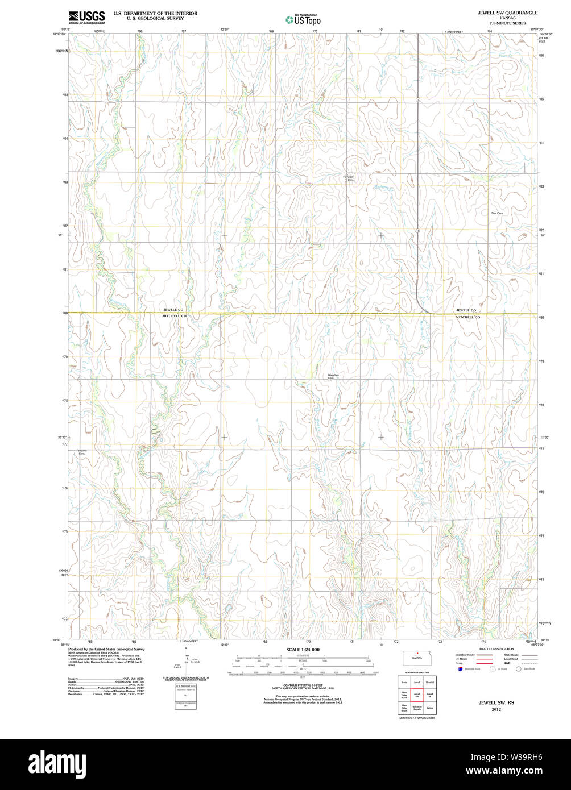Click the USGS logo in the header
tap(86, 18)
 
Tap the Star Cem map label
tap(496, 213)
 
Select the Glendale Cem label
tap(334, 376)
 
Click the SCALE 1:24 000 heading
tap(303, 649)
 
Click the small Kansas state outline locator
tap(417, 658)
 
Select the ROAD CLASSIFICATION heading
tap(496, 648)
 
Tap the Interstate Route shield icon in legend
tap(460, 669)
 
